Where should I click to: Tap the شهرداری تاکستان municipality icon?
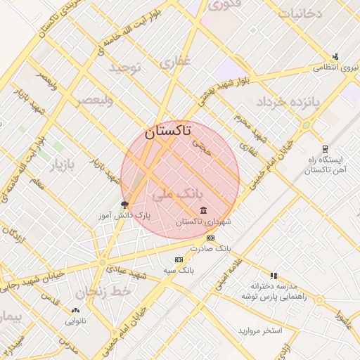tap(203, 211)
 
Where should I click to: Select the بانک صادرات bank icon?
tap(210, 239)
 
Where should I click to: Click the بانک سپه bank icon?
tap(178, 259)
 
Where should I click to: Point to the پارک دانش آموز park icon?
tap(125, 205)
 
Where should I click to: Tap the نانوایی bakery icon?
tap(75, 310)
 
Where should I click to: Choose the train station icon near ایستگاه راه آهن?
tap(324, 149)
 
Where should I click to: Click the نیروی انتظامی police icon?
tap(335, 57)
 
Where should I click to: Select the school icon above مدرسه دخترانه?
tap(274, 276)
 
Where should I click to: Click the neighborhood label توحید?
tap(126, 67)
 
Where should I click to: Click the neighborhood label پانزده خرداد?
tap(288, 103)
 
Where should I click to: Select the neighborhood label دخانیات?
tap(300, 13)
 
